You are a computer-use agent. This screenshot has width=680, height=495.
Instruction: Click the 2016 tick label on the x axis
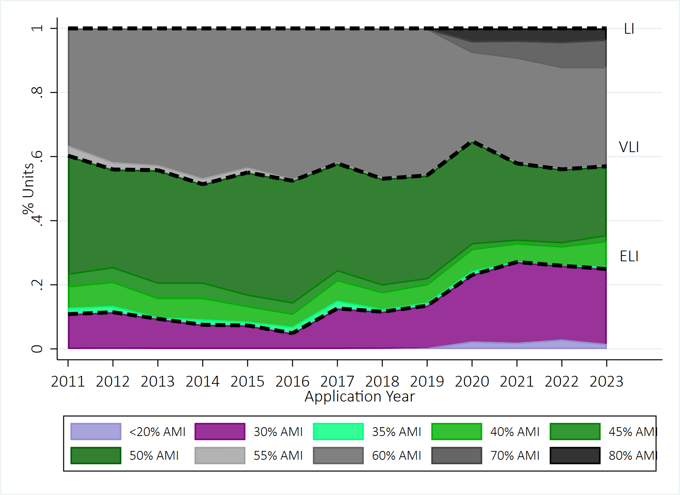point(292,382)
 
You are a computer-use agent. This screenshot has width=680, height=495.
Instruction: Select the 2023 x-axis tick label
point(606,382)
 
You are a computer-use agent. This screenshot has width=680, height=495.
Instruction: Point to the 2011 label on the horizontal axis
point(68,382)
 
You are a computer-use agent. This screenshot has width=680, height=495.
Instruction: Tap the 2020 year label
point(472,382)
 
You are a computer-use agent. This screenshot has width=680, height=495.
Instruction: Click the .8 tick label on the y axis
point(37,92)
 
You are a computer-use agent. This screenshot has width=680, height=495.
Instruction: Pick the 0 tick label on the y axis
point(37,349)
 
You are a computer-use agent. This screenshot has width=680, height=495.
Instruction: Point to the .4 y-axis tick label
point(37,220)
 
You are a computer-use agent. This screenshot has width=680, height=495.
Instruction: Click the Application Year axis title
point(360,397)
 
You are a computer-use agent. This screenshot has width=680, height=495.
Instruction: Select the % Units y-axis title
point(28,188)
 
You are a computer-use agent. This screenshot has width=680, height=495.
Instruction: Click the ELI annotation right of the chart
point(629,256)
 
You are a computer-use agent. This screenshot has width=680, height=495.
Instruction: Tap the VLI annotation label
point(629,147)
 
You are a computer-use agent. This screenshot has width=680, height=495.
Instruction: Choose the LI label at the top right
point(629,29)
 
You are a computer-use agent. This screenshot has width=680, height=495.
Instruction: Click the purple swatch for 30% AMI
point(220,431)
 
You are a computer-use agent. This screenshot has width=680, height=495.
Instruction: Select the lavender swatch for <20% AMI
point(96,431)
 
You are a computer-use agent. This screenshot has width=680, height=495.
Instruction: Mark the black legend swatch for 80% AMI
point(575,455)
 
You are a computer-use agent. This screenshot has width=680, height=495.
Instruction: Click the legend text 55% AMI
point(278,456)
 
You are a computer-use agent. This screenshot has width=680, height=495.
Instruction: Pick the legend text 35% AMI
point(396,432)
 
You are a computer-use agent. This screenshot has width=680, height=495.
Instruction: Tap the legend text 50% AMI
point(154,456)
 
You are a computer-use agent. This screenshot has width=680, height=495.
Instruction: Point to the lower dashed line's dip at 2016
point(292,333)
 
